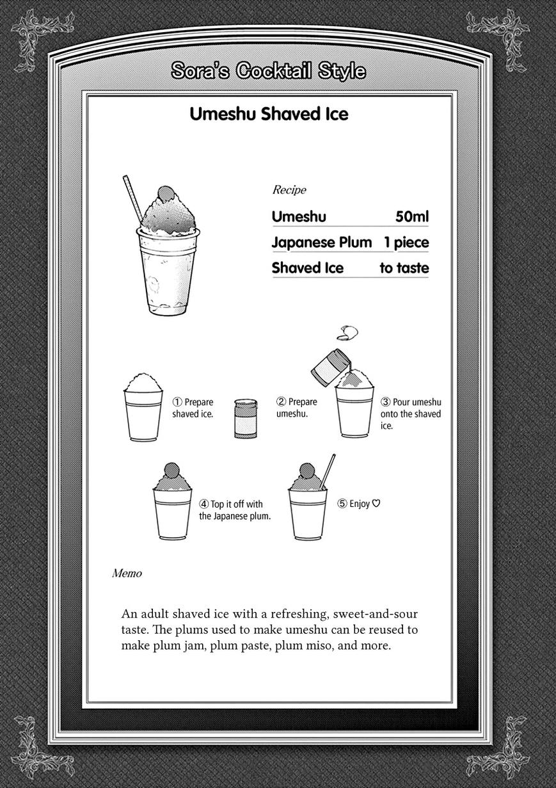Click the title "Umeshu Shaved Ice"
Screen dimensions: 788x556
tap(269, 114)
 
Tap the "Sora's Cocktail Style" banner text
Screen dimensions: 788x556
tap(268, 71)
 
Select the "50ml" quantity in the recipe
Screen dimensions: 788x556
tap(411, 217)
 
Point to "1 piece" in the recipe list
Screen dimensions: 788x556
tap(406, 243)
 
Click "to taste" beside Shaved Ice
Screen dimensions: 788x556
tap(404, 268)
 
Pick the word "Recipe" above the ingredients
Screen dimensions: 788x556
tap(289, 189)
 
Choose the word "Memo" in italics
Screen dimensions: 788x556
tap(127, 574)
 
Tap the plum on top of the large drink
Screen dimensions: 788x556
tap(165, 193)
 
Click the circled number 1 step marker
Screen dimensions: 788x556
tap(177, 403)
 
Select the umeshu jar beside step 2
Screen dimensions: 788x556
tap(245, 419)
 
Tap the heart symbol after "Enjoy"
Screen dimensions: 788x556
tap(376, 504)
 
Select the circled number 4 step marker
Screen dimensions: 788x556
tap(204, 504)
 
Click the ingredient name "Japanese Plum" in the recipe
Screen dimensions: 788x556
tap(321, 243)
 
